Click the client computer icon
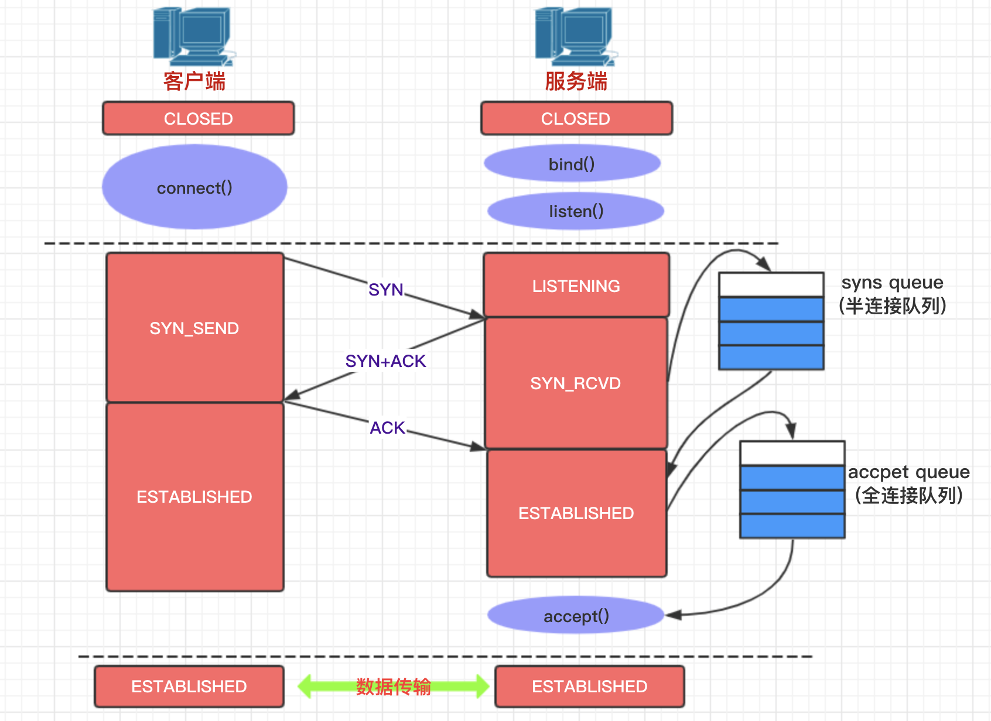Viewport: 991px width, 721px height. click(x=193, y=36)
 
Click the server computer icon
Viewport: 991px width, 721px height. click(x=575, y=36)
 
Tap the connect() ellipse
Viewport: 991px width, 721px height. click(x=194, y=187)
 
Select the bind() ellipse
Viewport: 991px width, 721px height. click(x=572, y=164)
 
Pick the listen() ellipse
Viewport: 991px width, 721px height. click(x=576, y=211)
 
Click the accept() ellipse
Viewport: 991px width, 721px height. click(x=576, y=616)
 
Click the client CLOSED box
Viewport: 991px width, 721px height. click(x=199, y=118)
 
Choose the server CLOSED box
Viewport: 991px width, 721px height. click(x=576, y=118)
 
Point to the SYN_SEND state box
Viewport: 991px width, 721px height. click(x=194, y=328)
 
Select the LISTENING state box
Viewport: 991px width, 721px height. click(x=576, y=286)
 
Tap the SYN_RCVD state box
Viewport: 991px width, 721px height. click(x=576, y=383)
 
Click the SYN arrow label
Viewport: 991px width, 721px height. click(x=386, y=289)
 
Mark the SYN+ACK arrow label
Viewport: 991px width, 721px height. click(x=385, y=361)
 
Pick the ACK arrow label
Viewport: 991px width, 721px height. click(x=387, y=428)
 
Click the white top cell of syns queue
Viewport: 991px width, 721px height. click(x=771, y=285)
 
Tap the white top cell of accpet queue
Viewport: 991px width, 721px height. click(x=792, y=454)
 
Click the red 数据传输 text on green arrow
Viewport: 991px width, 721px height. click(x=394, y=686)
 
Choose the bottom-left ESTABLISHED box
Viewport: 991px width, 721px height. click(x=189, y=686)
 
